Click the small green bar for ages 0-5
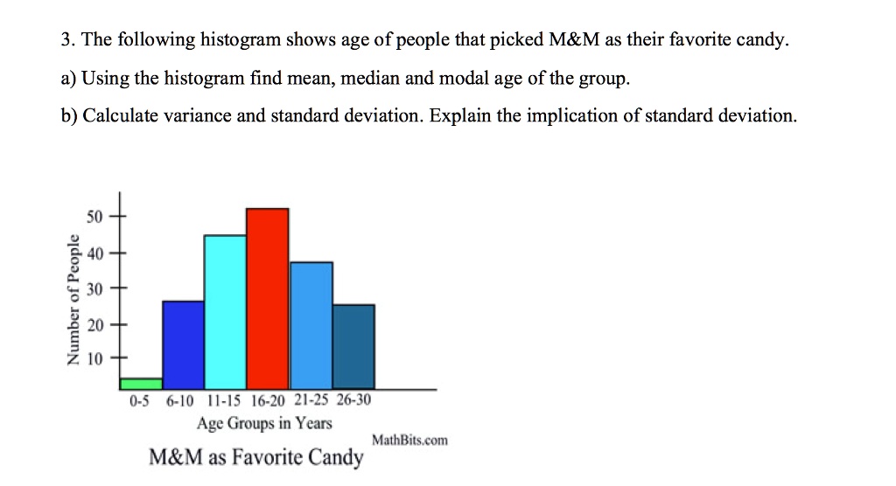(x=142, y=384)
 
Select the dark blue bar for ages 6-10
(x=184, y=344)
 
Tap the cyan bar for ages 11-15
(x=226, y=312)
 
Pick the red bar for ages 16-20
(x=268, y=299)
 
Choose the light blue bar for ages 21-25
(x=311, y=325)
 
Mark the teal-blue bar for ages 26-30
(x=353, y=346)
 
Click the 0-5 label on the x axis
(x=140, y=402)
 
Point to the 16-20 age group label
(x=267, y=402)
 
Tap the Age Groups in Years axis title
(x=265, y=424)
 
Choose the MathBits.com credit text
(x=409, y=441)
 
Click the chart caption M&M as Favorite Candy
(x=255, y=457)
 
